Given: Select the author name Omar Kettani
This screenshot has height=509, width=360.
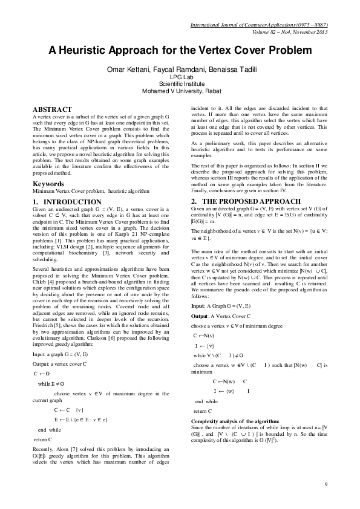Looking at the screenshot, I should (x=128, y=70).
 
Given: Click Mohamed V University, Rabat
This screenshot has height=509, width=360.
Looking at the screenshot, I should (x=180, y=91).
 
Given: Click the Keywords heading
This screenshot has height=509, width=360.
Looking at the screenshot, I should (x=48, y=183).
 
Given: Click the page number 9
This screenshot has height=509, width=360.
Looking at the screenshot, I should (x=326, y=484).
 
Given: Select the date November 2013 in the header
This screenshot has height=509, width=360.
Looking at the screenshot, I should (x=310, y=32).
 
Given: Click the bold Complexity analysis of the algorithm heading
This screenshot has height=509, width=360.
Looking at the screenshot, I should (x=235, y=420).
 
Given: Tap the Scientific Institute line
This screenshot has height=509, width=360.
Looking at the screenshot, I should (x=180, y=85).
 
